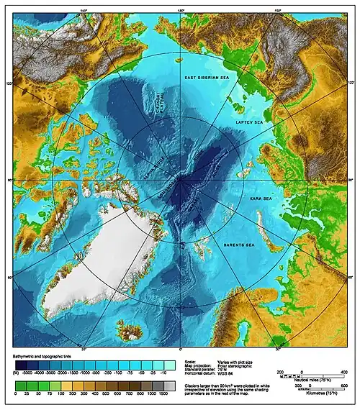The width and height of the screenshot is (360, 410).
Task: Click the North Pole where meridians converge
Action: click(181, 179)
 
